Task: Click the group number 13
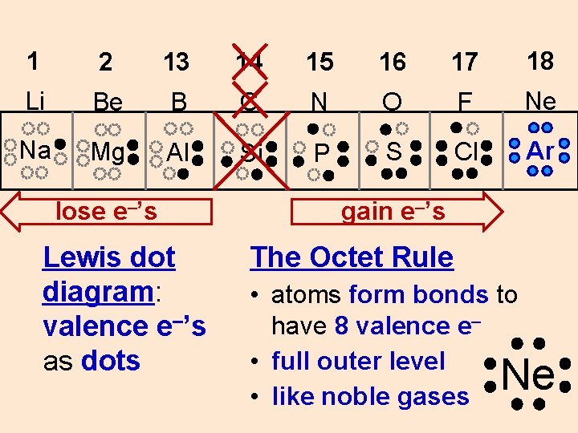177,62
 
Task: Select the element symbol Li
35,102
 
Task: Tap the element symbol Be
107,103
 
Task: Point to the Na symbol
35,151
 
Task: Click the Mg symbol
108,152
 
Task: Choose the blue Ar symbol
539,151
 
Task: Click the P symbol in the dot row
322,152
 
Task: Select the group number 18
540,61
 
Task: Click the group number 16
393,62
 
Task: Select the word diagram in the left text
97,292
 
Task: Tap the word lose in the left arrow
79,212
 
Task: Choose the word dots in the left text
111,361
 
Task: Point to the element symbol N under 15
320,103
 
